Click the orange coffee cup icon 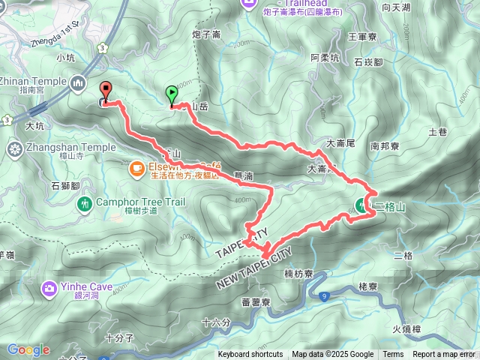137,169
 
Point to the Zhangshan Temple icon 13,148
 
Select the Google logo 28,349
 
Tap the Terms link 393,355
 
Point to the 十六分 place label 217,322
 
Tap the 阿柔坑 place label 325,58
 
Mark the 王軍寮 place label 363,34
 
